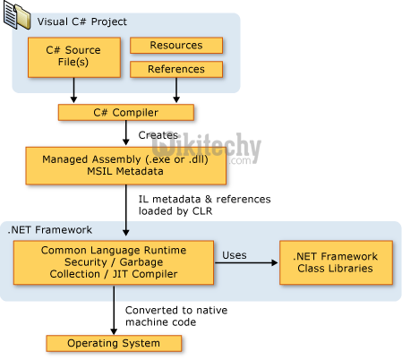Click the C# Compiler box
pos(126,113)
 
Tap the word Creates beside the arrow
pos(157,134)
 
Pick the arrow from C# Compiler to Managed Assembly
pos(125,134)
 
